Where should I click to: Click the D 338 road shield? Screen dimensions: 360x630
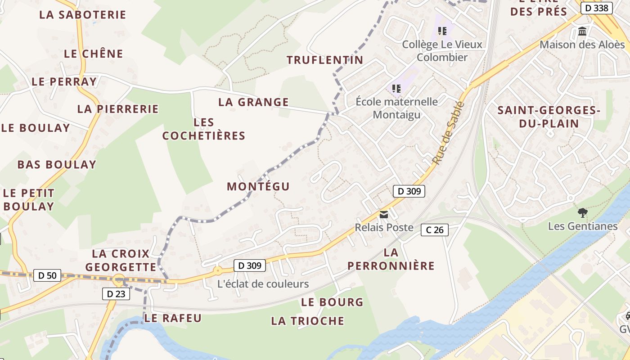click(x=597, y=8)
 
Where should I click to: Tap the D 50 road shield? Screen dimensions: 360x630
click(x=47, y=275)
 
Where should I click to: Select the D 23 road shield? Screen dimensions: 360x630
click(x=116, y=294)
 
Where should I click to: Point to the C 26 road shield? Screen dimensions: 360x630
click(x=435, y=230)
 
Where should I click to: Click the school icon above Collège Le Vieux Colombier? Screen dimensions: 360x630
click(x=442, y=31)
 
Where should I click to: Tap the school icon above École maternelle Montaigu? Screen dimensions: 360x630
click(x=396, y=88)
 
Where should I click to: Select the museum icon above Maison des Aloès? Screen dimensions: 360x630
click(x=582, y=31)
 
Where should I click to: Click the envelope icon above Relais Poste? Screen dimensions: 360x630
click(x=384, y=215)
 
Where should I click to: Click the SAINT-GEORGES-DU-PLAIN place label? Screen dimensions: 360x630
click(x=549, y=117)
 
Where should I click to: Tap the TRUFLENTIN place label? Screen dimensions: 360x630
click(x=325, y=60)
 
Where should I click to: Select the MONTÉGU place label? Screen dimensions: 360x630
click(x=258, y=186)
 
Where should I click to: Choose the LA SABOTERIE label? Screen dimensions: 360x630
click(x=82, y=14)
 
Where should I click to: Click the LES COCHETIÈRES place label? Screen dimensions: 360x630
click(x=204, y=129)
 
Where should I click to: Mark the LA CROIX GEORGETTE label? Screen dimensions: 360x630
click(x=121, y=260)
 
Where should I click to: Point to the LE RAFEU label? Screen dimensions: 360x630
click(x=173, y=318)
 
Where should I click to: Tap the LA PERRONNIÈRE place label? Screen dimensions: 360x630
click(x=391, y=259)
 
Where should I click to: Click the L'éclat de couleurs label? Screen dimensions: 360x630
click(x=263, y=284)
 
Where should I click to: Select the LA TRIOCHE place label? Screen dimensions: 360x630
click(x=307, y=321)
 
